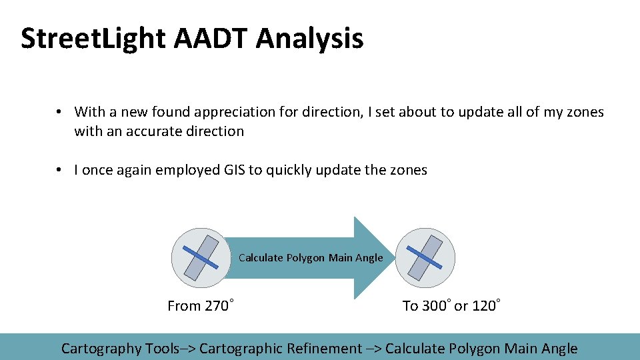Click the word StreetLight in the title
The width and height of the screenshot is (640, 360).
click(93, 39)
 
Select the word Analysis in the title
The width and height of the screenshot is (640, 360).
click(309, 39)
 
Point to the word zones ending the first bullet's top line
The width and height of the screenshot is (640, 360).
click(585, 112)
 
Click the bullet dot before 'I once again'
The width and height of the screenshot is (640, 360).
click(59, 170)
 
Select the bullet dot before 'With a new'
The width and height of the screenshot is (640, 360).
click(59, 112)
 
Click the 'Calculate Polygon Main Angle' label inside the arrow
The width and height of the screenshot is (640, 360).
click(311, 258)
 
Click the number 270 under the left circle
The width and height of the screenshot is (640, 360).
click(217, 307)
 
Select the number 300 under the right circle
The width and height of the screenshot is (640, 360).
click(435, 307)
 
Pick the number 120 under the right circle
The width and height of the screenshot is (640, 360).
click(484, 307)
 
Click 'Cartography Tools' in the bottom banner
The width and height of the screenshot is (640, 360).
click(120, 349)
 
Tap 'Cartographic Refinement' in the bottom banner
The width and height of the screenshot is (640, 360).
click(280, 349)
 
